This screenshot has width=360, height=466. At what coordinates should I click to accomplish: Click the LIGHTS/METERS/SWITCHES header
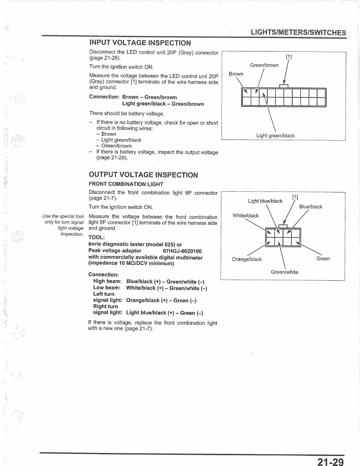tap(298, 32)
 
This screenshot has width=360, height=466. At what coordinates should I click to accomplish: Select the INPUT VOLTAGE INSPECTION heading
tap(140, 43)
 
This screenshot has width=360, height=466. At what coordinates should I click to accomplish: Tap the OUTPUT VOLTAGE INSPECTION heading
tap(143, 175)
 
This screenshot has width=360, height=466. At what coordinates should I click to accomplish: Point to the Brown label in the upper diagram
tap(236, 74)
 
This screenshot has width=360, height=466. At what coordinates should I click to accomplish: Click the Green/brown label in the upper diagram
tap(264, 65)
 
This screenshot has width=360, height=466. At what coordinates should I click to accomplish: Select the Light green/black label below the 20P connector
tap(275, 136)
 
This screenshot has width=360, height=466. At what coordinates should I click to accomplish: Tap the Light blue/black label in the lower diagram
tap(265, 201)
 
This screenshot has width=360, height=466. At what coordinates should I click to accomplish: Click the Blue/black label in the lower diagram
tap(311, 207)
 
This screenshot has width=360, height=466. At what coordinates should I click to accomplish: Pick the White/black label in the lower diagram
tap(246, 216)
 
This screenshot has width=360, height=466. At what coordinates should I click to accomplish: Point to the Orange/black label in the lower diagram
tap(247, 259)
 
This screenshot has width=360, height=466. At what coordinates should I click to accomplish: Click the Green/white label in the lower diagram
tap(284, 272)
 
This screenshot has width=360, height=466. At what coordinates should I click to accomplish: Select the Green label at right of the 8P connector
tap(323, 259)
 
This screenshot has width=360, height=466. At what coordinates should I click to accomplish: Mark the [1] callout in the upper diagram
tap(289, 57)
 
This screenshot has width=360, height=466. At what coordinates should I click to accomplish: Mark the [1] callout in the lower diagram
tap(295, 197)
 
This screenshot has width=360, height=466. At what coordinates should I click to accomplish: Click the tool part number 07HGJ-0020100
tap(182, 251)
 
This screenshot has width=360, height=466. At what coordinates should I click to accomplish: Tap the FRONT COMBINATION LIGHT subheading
tap(126, 184)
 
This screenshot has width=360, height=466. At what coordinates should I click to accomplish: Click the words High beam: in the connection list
tap(107, 281)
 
